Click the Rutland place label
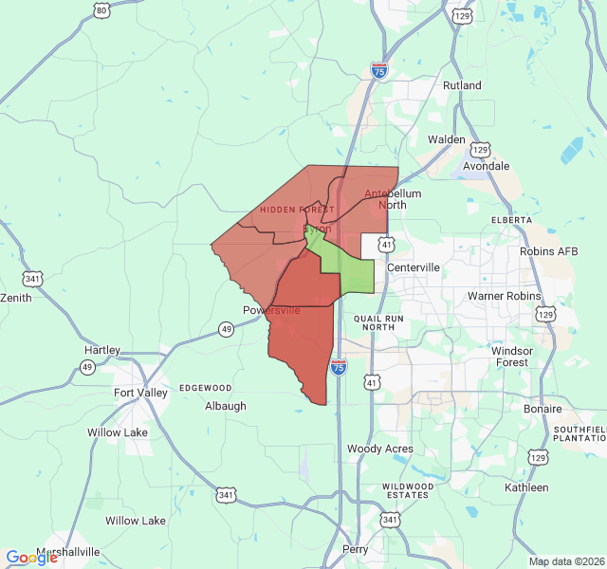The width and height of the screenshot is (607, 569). point(462,85)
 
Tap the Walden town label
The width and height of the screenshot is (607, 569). point(447,139)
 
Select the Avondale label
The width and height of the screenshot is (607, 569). point(486,166)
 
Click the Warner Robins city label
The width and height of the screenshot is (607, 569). point(504,296)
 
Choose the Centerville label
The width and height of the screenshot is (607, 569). point(413,267)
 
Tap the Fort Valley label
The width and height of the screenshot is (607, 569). point(140,393)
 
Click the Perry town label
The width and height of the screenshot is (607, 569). point(355,549)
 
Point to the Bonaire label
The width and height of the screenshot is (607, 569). point(543,409)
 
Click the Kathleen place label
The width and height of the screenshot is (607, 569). point(526,487)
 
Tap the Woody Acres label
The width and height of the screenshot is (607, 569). point(379,449)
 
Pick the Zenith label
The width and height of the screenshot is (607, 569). point(16,298)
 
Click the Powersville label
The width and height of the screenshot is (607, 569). point(271,310)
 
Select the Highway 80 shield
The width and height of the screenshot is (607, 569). point(101,10)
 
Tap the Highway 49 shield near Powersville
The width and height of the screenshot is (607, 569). point(226,329)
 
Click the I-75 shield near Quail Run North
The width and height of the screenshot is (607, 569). point(339,366)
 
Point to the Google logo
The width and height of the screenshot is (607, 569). point(32,558)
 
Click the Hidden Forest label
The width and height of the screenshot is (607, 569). point(297,210)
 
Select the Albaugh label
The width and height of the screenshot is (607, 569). point(226,406)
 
